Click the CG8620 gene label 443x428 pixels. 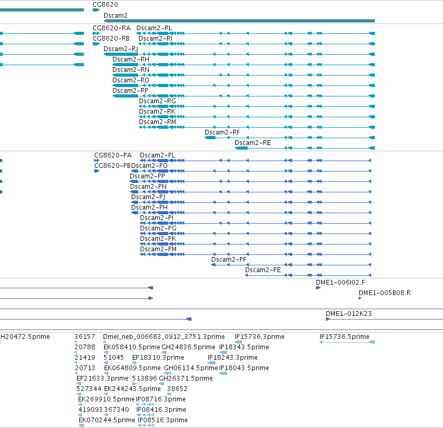pos(105,5)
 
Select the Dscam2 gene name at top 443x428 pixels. pos(116,16)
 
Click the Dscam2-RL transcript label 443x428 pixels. pos(154,28)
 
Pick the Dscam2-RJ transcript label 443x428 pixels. pos(121,49)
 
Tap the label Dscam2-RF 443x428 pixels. pos(222,132)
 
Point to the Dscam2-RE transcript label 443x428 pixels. pos(253,143)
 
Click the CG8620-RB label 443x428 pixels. pos(111,39)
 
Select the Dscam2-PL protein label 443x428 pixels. pos(157,155)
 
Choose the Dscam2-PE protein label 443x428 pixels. pos(263,270)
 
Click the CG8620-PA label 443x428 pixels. pos(113,155)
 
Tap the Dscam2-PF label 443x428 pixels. pos(229,260)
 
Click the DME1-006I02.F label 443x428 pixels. pos(340,283)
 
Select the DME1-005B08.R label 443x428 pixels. pos(385,293)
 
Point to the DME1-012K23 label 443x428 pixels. pos(349,314)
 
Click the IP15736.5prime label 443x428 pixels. pos(345,337)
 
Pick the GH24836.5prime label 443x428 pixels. pos(188,347)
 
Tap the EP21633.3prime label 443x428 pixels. pos(102,378)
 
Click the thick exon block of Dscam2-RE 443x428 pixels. pos(241,148)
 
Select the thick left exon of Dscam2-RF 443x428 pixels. pos(210,138)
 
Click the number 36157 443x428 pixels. pos(85,337)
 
